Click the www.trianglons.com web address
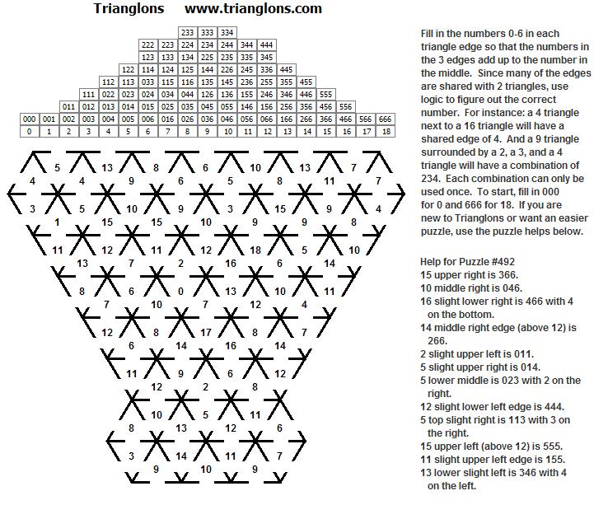pyautogui.click(x=253, y=10)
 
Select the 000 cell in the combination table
pyautogui.click(x=29, y=119)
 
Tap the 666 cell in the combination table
pyautogui.click(x=385, y=119)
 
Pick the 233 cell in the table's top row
pyautogui.click(x=187, y=32)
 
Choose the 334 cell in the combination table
pyautogui.click(x=227, y=32)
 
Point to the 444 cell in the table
pyautogui.click(x=266, y=44)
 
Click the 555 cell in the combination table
pyautogui.click(x=325, y=94)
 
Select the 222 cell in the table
pyautogui.click(x=147, y=44)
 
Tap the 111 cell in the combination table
pyautogui.click(x=88, y=94)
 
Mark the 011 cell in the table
pyautogui.click(x=68, y=106)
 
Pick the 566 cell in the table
pyautogui.click(x=365, y=119)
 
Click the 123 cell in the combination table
pyautogui.click(x=147, y=57)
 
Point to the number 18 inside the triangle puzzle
pyautogui.click(x=255, y=249)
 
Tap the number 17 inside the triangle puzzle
pyautogui.click(x=206, y=333)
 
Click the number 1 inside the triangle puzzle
pyautogui.click(x=56, y=222)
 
